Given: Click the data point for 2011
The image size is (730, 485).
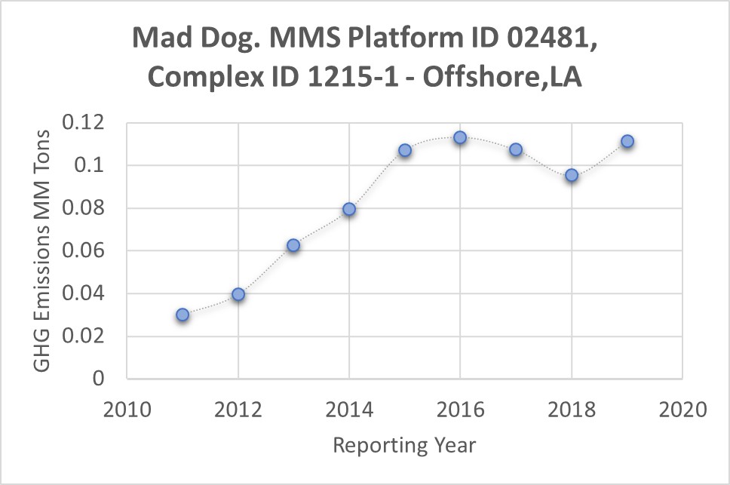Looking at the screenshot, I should tap(182, 315).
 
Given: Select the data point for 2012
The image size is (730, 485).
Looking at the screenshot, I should tap(238, 294).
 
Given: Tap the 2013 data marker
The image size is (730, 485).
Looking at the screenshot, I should tap(293, 245).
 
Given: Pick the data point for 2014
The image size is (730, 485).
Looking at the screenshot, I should tap(349, 209).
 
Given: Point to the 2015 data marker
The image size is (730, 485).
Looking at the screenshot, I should tap(405, 150).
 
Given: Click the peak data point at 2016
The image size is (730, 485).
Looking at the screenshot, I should tap(460, 137).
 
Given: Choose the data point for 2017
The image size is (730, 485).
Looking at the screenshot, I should tap(516, 149).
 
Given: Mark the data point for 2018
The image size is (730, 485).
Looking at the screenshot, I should tap(572, 175).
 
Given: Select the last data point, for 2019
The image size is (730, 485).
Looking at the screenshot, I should tap(627, 141).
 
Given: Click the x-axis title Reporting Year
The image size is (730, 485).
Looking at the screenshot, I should tap(404, 445).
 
